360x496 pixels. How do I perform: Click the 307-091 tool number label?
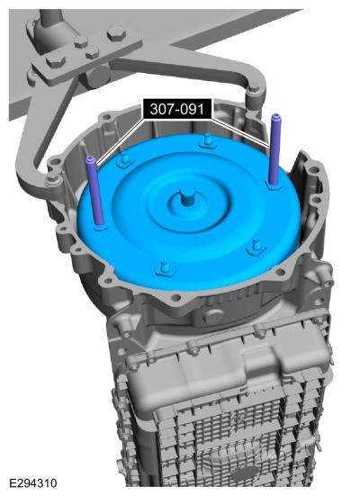[x=176, y=109]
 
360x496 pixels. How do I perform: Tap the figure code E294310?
[x=33, y=483]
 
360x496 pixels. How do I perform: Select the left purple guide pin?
[x=95, y=191]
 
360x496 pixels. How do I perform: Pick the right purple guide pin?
[x=274, y=149]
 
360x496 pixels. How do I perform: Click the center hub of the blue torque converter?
[x=187, y=198]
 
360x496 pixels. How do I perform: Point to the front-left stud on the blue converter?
[x=165, y=268]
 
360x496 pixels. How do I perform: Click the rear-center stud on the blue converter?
[x=207, y=140]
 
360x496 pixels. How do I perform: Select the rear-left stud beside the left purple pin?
[x=124, y=159]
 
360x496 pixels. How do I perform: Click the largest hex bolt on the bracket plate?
[x=116, y=33]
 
